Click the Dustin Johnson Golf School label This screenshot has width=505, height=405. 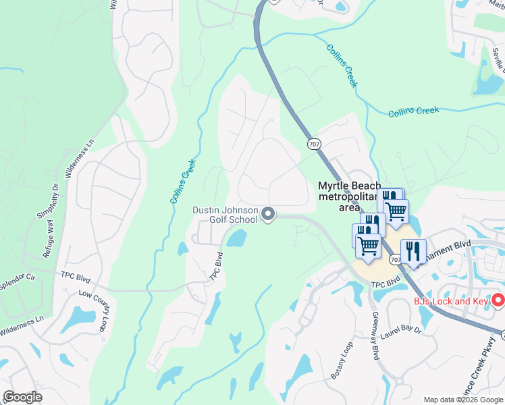[x=225, y=215]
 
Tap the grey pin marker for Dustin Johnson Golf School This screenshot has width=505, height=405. [x=268, y=214]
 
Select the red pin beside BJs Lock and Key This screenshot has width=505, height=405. [x=498, y=300]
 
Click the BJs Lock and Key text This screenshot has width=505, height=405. [x=450, y=301]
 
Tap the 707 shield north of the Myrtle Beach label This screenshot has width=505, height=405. [x=314, y=144]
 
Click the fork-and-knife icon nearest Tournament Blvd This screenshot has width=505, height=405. [x=413, y=251]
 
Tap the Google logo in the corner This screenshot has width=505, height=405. [x=22, y=397]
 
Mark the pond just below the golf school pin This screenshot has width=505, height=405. [x=236, y=238]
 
